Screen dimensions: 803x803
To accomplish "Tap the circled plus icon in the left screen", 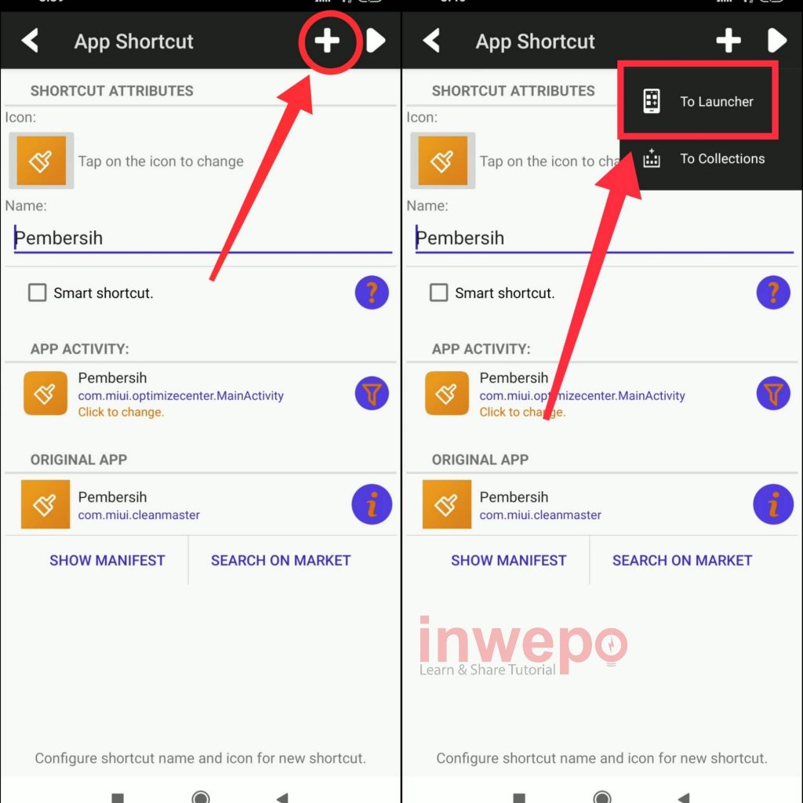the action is pyautogui.click(x=327, y=41).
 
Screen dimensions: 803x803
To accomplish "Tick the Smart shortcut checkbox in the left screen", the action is pyautogui.click(x=38, y=293).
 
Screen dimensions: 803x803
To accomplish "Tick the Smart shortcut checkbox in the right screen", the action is pyautogui.click(x=439, y=293).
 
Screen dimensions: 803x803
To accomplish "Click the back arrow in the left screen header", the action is pyautogui.click(x=30, y=41).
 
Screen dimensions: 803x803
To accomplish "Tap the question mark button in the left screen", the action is pyautogui.click(x=372, y=292).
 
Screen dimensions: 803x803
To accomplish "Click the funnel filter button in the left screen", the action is pyautogui.click(x=372, y=394).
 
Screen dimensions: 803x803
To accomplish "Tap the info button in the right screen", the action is pyautogui.click(x=773, y=504).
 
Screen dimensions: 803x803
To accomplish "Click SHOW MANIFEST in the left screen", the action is pyautogui.click(x=107, y=560).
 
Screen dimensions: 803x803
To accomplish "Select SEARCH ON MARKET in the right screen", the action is pyautogui.click(x=682, y=560).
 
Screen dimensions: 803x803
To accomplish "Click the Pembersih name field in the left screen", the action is pyautogui.click(x=203, y=238).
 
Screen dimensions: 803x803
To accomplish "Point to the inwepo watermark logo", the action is pyautogui.click(x=522, y=646).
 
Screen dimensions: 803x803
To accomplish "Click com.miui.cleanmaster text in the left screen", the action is pyautogui.click(x=139, y=514).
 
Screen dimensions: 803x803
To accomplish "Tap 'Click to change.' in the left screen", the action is pyautogui.click(x=121, y=412).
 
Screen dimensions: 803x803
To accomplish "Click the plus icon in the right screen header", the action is pyautogui.click(x=729, y=41).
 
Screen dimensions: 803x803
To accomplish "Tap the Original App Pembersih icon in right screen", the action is pyautogui.click(x=446, y=504).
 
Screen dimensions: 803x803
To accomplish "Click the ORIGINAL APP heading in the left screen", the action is pyautogui.click(x=79, y=460).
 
